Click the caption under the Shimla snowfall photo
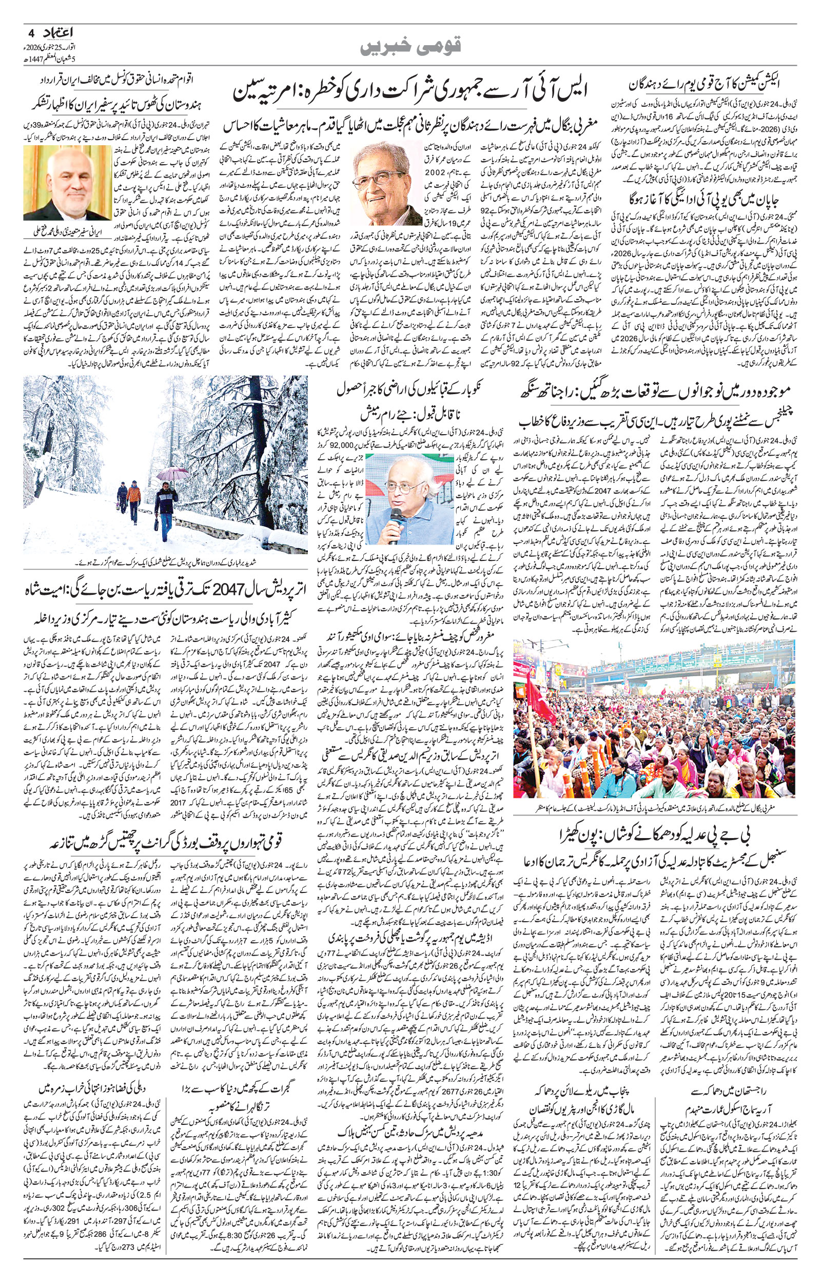(165, 562)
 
